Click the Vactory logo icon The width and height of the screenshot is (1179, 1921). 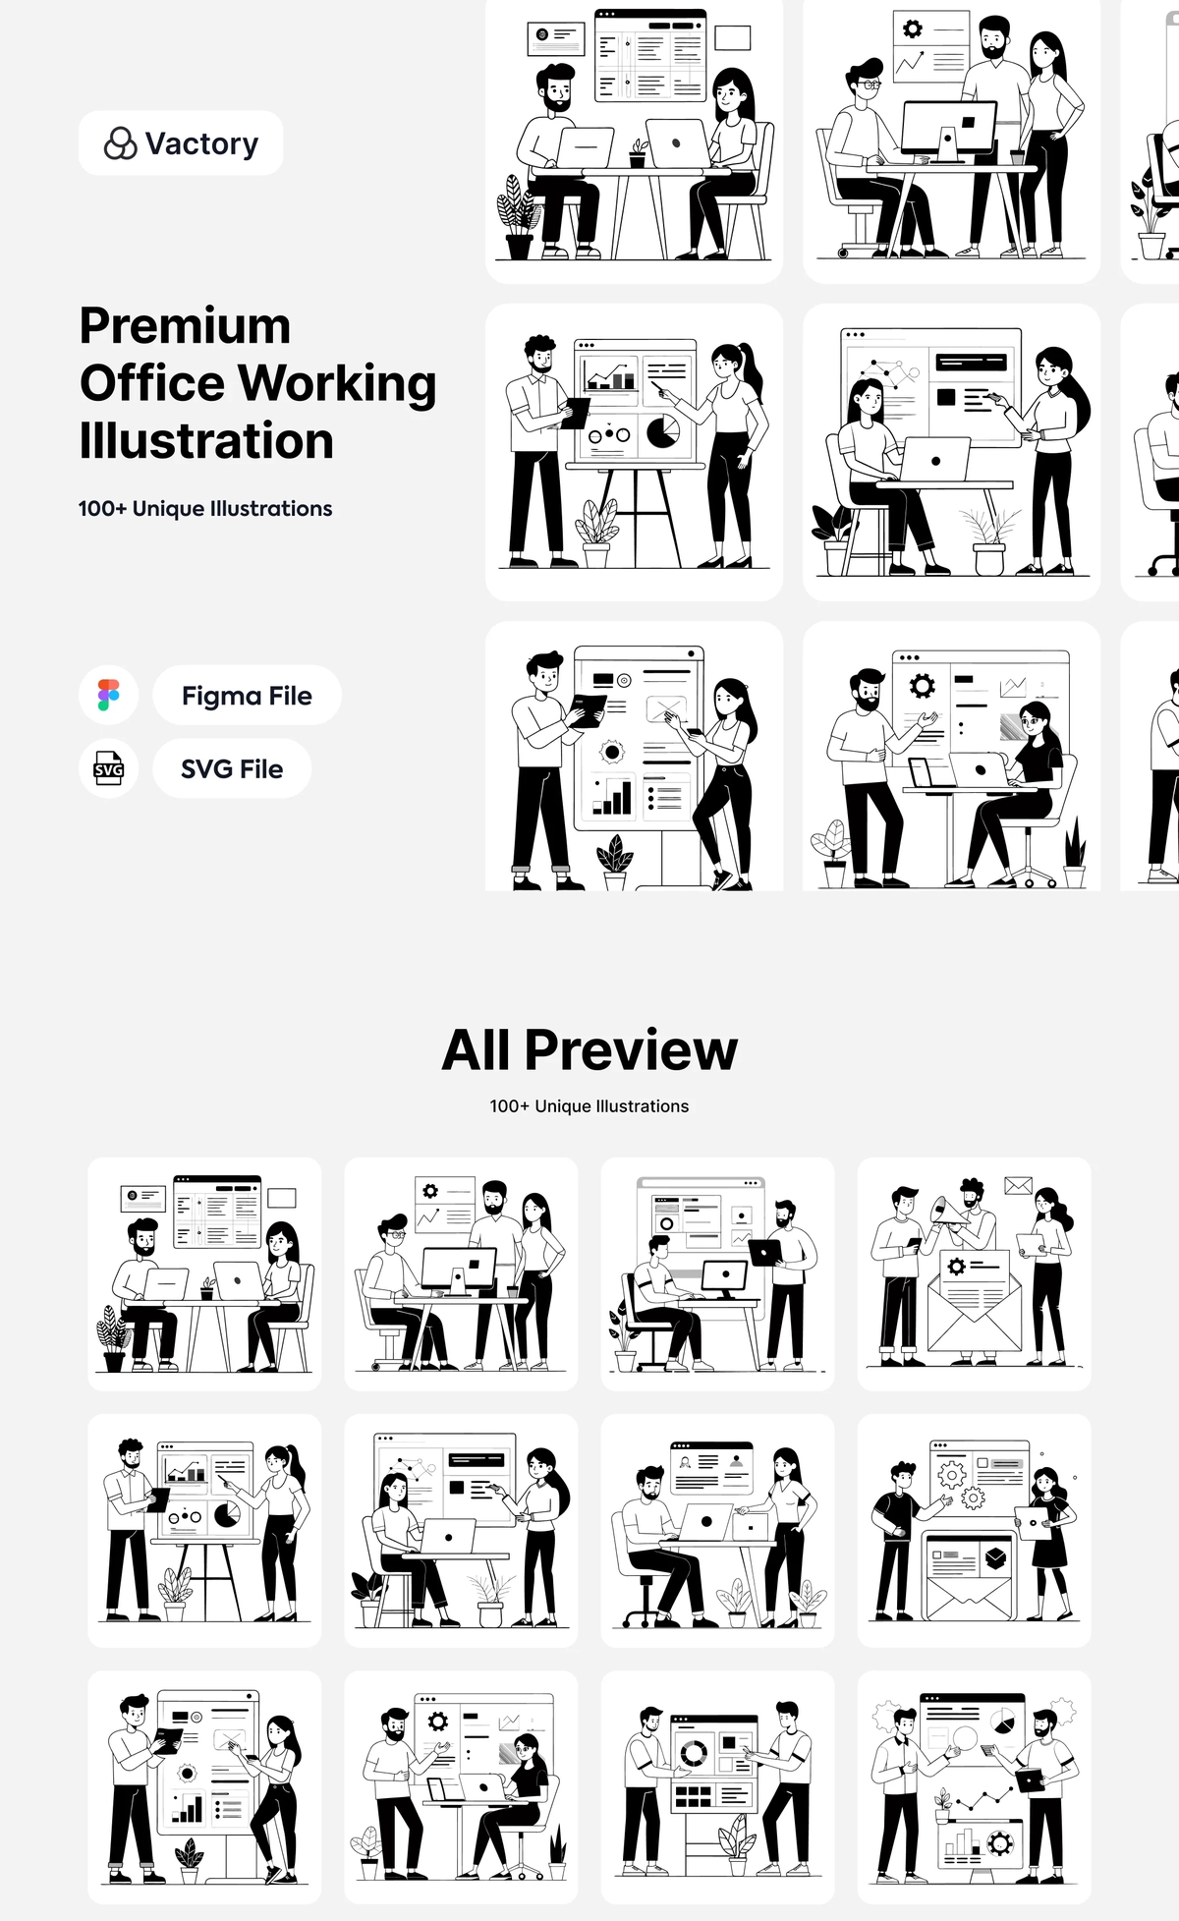point(120,143)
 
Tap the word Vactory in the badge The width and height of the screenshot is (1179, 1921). point(202,143)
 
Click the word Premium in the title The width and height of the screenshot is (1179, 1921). point(185,326)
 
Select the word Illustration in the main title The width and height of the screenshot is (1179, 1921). point(206,441)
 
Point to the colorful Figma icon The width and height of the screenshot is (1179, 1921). point(108,695)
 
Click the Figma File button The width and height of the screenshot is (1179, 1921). point(247,696)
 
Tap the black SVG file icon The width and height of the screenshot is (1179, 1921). point(108,768)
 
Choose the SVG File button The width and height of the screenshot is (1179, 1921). point(232,768)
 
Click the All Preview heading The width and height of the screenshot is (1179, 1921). point(589,1049)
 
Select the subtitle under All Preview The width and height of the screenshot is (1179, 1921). point(589,1106)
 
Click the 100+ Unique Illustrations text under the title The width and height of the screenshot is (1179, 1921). point(205,509)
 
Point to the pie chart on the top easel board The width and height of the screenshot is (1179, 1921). point(662,430)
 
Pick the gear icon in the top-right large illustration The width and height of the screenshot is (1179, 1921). point(913,28)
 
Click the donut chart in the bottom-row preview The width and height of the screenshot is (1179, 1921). point(694,1752)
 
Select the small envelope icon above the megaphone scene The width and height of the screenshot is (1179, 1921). point(1018,1186)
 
